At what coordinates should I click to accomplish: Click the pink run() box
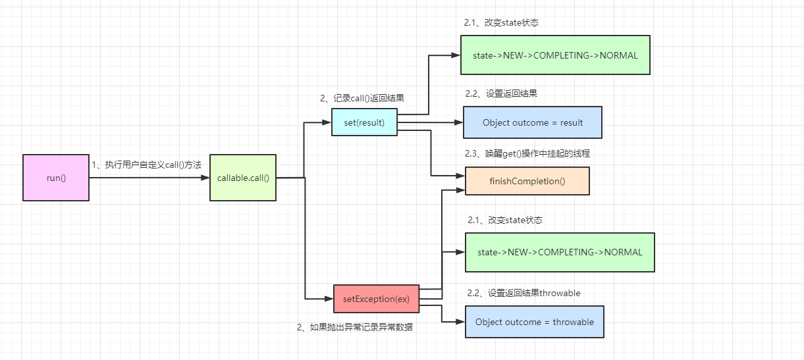(56, 178)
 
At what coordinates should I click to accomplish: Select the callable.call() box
(243, 178)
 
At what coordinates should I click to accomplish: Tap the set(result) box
(364, 122)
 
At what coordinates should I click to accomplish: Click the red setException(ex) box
(377, 299)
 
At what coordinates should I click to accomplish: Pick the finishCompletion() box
(527, 181)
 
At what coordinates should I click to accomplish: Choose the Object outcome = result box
(533, 122)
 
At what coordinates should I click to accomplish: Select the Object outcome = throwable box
(535, 322)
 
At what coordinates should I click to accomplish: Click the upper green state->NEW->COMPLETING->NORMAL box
(555, 55)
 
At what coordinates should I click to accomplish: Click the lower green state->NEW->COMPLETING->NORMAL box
(560, 252)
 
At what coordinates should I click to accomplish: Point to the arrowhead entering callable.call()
(205, 178)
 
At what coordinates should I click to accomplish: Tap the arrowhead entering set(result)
(327, 122)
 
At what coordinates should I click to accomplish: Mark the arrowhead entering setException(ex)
(329, 298)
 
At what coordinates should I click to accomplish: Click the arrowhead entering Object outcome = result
(459, 122)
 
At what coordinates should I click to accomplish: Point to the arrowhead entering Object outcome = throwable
(461, 322)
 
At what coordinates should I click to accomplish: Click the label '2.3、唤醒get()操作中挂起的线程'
(527, 153)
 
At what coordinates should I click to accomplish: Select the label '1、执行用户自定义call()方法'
(146, 165)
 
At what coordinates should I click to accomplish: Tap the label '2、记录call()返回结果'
(362, 98)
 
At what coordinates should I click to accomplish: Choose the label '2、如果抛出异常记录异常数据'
(355, 326)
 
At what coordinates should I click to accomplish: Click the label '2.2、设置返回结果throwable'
(523, 293)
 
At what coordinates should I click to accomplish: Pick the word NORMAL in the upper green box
(619, 55)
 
